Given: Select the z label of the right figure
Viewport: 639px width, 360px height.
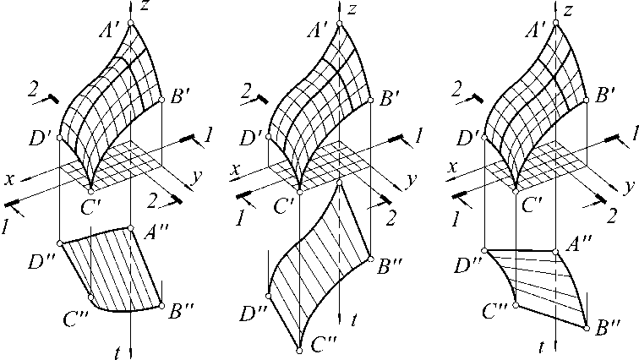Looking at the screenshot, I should [x=570, y=10].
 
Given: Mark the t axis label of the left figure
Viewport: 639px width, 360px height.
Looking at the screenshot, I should [x=118, y=348].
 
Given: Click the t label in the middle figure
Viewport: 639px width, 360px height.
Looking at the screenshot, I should [x=355, y=320].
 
